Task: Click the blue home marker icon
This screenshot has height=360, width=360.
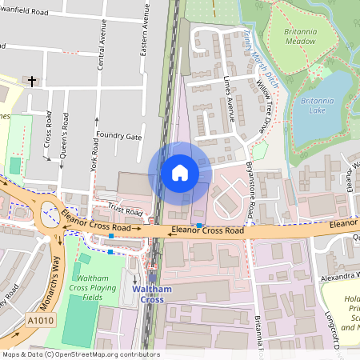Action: (180, 173)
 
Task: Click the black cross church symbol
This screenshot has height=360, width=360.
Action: (32, 81)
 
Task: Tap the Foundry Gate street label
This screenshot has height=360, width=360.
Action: (118, 137)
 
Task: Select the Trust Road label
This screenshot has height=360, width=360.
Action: (125, 209)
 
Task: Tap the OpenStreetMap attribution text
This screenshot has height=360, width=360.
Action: (80, 354)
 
